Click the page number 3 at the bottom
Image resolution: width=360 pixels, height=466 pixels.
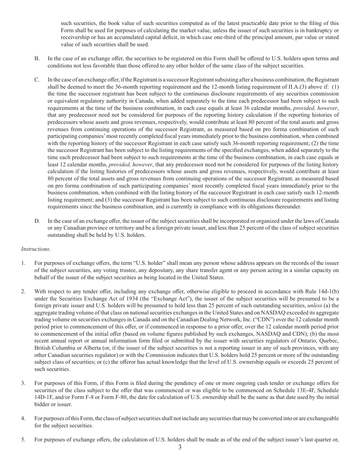[180, 447]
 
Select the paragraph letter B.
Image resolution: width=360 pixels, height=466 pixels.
[37, 58]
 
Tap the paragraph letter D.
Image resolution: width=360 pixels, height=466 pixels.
[37, 221]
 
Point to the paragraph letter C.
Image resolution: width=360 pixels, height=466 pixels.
[37, 80]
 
